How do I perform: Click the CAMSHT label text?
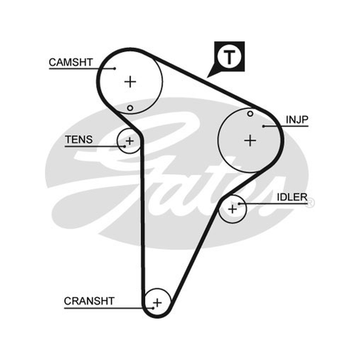71,62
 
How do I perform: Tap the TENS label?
79,139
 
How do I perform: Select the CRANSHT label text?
89,301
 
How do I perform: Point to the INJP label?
297,120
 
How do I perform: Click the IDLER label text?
292,197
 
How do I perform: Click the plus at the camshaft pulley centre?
130,82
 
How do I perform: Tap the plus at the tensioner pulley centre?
130,141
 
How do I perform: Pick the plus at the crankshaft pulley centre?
157,303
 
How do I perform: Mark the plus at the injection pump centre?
250,140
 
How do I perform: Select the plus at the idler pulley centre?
233,209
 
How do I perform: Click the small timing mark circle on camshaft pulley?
130,108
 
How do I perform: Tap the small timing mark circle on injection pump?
250,114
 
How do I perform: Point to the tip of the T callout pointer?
207,77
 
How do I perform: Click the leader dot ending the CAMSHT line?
115,68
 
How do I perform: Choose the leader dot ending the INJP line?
264,126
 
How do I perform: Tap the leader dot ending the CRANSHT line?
153,308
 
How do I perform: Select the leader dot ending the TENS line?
125,146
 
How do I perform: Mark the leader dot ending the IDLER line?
239,204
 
